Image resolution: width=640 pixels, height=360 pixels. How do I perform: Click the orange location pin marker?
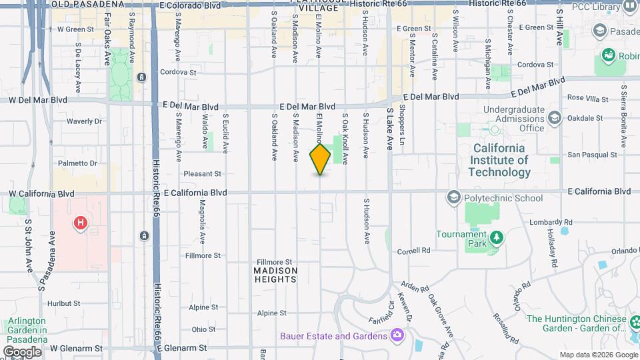(320, 159)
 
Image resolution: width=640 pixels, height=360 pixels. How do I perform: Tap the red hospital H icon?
(80, 223)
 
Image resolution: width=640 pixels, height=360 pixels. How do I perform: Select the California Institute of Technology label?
(499, 160)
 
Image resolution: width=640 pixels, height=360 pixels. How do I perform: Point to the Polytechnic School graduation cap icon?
(454, 197)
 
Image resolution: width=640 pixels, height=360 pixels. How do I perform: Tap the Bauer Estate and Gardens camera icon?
(397, 335)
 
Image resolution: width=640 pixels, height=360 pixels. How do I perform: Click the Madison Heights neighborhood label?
(275, 275)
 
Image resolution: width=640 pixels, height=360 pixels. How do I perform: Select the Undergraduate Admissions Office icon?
(554, 119)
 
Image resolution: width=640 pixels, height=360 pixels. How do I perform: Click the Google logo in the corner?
(22, 351)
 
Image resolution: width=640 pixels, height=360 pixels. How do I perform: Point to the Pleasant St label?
(203, 174)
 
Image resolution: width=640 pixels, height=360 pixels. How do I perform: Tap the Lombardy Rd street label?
(551, 222)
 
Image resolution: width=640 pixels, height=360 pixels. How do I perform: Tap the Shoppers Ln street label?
(402, 125)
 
